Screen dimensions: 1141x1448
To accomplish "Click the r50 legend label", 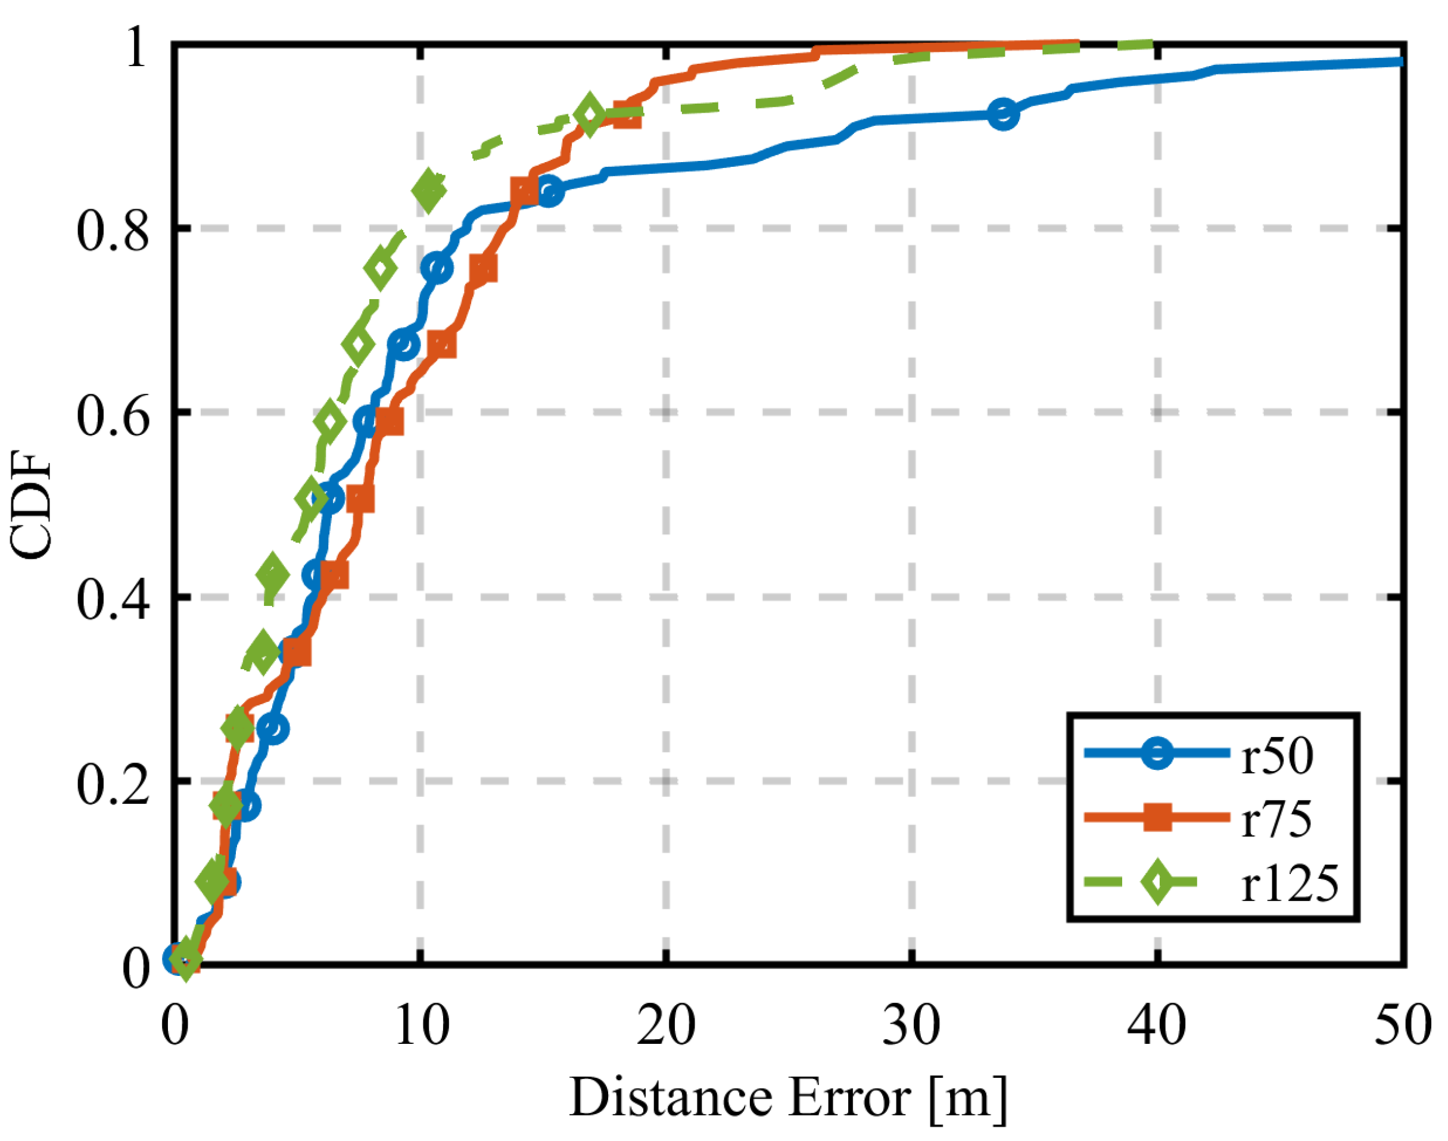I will coord(1277,757).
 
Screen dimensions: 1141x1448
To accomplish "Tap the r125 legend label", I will coord(1290,883).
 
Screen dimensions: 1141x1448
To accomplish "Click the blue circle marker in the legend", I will coord(1157,754).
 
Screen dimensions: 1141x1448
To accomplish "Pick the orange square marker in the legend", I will coord(1157,817).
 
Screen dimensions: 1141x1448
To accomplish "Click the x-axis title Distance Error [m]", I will coord(788,1098).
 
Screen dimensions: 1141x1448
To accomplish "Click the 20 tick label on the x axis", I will coord(665,1024).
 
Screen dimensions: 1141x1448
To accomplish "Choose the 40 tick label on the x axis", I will coord(1157,1024).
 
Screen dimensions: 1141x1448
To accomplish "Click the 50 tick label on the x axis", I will coord(1403,1024).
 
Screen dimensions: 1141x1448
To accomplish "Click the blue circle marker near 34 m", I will coord(1002,115).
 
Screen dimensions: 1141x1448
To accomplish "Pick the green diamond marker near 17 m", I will coord(589,115).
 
